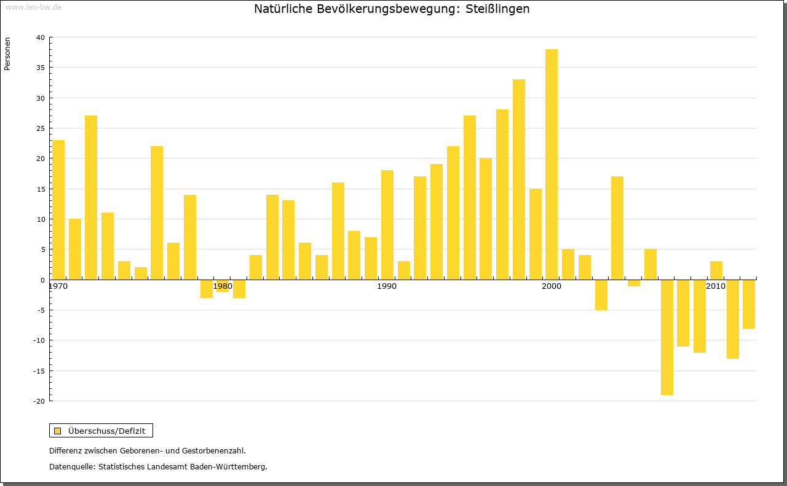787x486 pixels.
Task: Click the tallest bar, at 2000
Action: click(552, 164)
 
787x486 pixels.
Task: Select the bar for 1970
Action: click(58, 210)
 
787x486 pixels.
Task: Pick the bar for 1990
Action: click(387, 225)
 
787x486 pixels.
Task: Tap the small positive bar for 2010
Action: click(716, 270)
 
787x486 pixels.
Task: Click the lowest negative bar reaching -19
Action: click(667, 337)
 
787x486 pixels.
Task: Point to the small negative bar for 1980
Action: click(223, 286)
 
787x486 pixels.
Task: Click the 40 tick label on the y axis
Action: click(40, 37)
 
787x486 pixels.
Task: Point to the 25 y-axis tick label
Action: click(40, 128)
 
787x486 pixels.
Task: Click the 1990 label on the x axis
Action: click(387, 287)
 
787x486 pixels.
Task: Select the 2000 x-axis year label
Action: click(552, 287)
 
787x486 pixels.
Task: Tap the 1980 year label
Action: click(223, 287)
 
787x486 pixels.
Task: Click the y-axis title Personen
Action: click(7, 53)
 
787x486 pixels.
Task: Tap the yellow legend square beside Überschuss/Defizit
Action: click(58, 431)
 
